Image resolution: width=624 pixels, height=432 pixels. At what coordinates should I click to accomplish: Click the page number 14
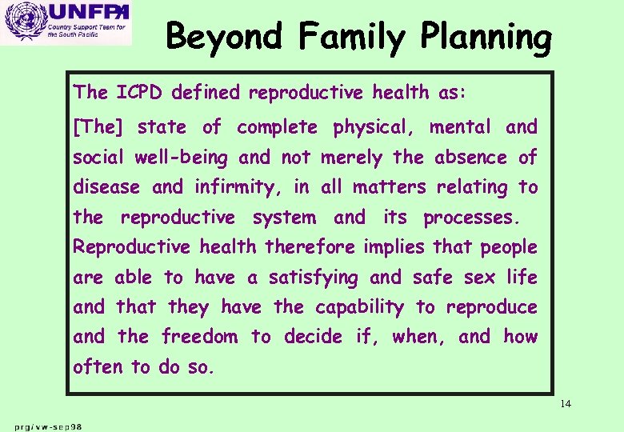(x=566, y=403)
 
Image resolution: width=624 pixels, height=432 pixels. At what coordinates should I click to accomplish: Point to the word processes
(x=470, y=218)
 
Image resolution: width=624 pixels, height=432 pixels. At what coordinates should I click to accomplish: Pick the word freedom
(x=199, y=337)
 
